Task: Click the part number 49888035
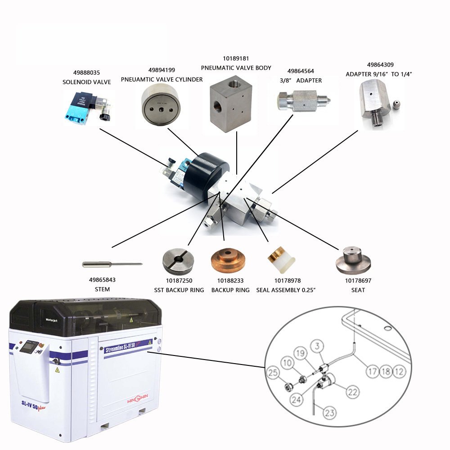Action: (86, 72)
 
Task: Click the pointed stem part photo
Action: (112, 263)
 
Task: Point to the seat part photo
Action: (353, 260)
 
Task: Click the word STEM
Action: (102, 289)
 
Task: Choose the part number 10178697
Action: (358, 280)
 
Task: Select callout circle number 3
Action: (318, 346)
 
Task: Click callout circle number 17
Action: (372, 372)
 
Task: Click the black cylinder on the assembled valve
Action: (211, 170)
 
